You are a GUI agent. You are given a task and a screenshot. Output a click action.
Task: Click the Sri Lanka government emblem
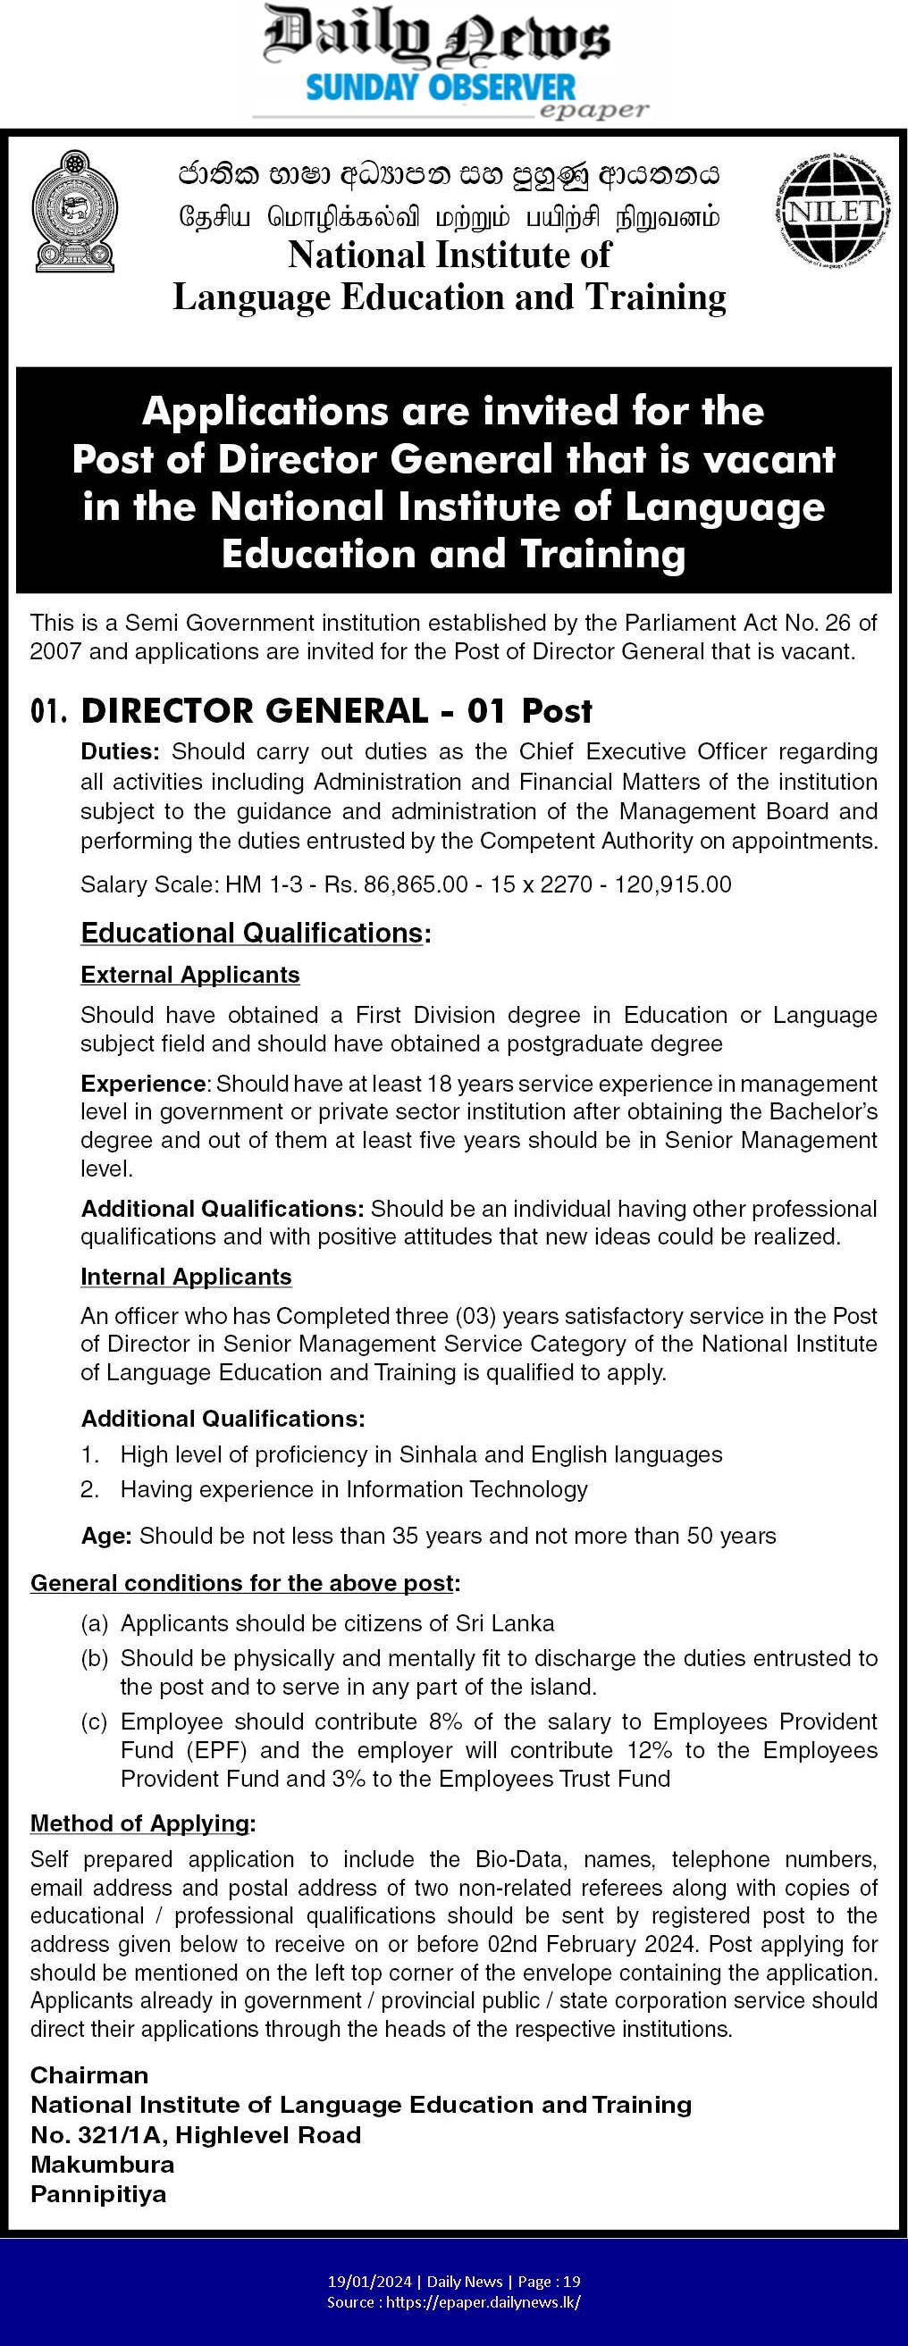(74, 212)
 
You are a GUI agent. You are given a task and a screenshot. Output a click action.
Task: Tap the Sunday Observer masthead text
(441, 88)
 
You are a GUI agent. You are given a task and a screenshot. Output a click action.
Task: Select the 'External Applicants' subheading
(189, 975)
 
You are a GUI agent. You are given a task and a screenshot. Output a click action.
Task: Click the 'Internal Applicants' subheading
(186, 1276)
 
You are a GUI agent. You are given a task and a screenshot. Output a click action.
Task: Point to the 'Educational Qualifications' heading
(252, 933)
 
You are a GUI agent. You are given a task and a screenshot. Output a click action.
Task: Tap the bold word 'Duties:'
(121, 751)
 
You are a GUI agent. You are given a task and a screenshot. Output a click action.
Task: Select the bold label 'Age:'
(106, 1536)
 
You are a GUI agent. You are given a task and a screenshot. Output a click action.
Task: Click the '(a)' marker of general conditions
(95, 1623)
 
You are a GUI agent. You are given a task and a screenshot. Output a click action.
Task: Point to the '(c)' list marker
(95, 1722)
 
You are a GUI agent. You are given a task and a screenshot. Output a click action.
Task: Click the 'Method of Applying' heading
(141, 1823)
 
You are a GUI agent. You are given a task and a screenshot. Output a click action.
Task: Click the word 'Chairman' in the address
(89, 2074)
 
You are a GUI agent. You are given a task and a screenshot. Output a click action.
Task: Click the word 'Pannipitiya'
(98, 2194)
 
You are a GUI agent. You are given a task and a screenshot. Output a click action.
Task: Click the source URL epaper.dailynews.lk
(483, 2301)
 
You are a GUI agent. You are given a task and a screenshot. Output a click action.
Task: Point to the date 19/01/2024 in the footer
(370, 2282)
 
